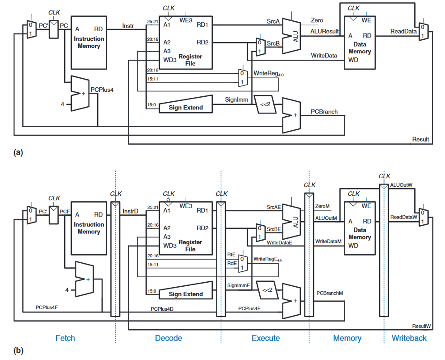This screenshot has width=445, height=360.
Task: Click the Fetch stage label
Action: pyautogui.click(x=65, y=338)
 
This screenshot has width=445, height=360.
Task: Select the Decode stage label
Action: pyautogui.click(x=169, y=338)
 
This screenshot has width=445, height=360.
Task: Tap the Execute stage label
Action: pyautogui.click(x=266, y=338)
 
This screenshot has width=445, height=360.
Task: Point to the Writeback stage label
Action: pyautogui.click(x=409, y=338)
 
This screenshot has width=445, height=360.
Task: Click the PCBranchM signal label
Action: pyautogui.click(x=329, y=293)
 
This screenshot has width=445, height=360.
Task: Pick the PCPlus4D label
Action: pyautogui.click(x=162, y=309)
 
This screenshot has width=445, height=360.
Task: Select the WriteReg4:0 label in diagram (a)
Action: pyautogui.click(x=268, y=73)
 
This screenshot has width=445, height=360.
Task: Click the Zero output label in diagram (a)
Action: pyautogui.click(x=317, y=20)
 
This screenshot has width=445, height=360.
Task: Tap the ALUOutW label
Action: pyautogui.click(x=401, y=185)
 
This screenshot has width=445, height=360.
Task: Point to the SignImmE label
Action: pyautogui.click(x=239, y=285)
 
